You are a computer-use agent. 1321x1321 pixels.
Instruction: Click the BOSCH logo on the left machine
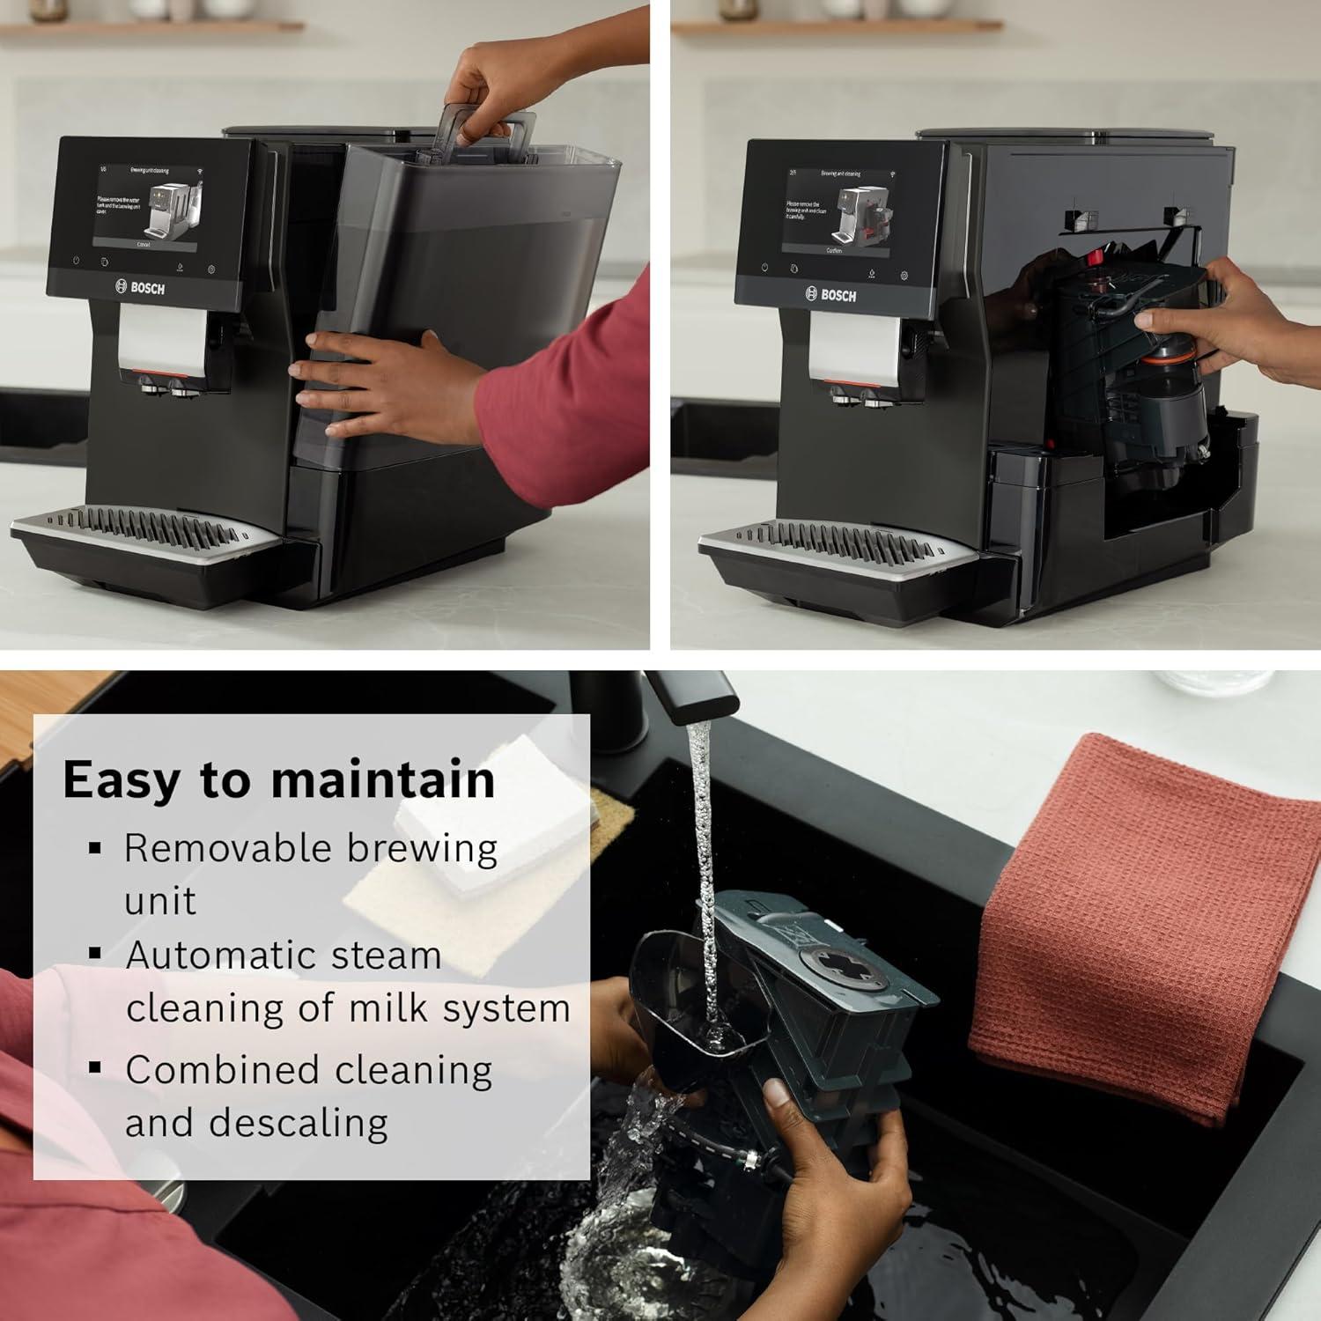click(141, 287)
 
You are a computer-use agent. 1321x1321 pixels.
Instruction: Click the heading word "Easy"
click(121, 780)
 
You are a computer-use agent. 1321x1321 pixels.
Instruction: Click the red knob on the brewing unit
click(1096, 256)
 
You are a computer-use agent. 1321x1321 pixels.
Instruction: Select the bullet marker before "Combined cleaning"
click(95, 1069)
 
